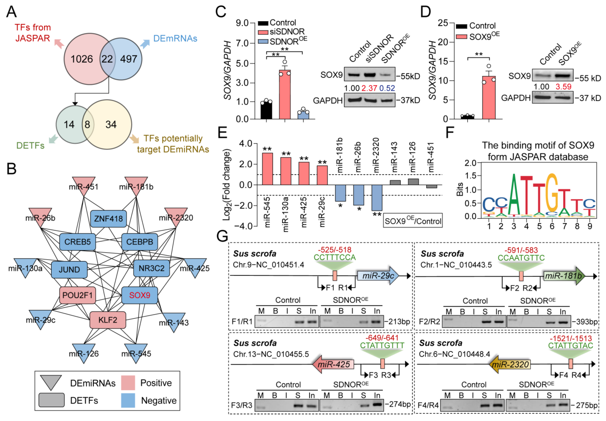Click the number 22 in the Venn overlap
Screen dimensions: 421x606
(x=107, y=59)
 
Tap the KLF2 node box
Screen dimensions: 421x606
(x=108, y=320)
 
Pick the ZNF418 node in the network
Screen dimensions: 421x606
(x=108, y=218)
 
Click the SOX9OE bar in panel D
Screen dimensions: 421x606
(x=489, y=98)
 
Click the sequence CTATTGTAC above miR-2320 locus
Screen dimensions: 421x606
(x=570, y=346)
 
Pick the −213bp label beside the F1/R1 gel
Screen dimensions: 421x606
(x=397, y=321)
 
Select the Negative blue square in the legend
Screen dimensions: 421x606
(x=128, y=400)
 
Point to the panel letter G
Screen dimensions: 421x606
(x=222, y=236)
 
